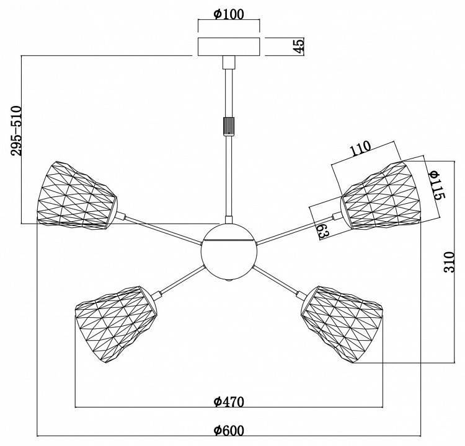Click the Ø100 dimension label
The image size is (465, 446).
click(x=229, y=14)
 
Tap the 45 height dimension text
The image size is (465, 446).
click(x=299, y=46)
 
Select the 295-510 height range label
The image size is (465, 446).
click(x=16, y=131)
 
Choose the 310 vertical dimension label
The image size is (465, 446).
click(x=449, y=262)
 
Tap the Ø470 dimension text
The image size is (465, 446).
click(x=229, y=402)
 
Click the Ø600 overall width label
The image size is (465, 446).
click(x=229, y=431)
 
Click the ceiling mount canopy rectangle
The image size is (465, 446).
click(x=229, y=47)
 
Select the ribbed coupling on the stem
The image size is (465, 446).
click(x=228, y=126)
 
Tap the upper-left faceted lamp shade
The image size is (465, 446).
click(x=77, y=196)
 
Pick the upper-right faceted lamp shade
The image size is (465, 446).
click(x=381, y=196)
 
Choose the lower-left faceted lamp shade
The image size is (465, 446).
click(x=116, y=324)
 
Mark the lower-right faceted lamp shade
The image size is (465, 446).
click(x=342, y=324)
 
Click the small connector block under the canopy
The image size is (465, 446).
click(x=229, y=62)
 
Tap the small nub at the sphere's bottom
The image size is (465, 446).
click(x=229, y=280)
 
